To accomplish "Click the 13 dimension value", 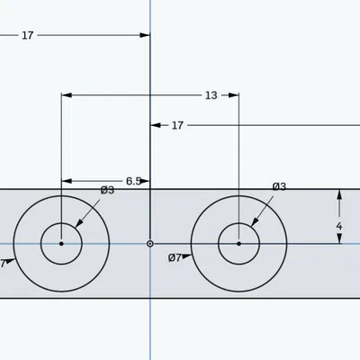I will pos(211,94).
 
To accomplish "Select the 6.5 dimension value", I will pos(133,181).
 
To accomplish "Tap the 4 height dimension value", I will pos(338,226).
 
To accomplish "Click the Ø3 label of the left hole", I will pos(107,190).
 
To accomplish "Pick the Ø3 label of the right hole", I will pos(279,186).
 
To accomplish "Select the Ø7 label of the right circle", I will pos(175,257).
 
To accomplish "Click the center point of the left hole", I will pos(61,243).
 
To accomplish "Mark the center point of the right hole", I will pos(238,243).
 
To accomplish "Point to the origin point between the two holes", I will pos(150,243).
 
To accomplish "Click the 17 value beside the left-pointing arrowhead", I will pos(177,125).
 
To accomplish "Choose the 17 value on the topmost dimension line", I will pos(28,35).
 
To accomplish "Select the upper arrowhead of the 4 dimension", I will pos(338,193).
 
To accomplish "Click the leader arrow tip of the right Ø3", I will pos(252,225).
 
